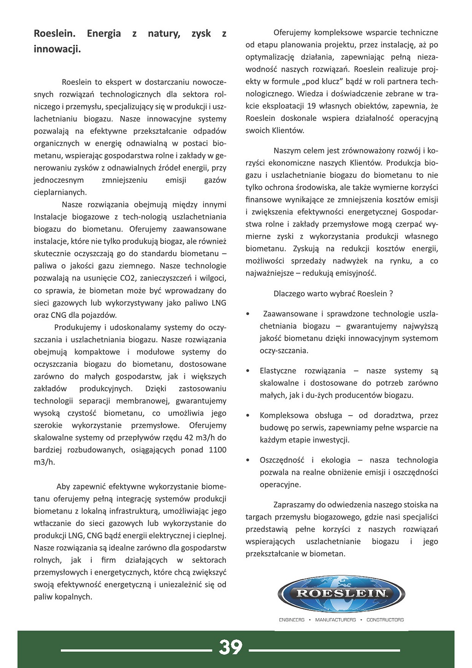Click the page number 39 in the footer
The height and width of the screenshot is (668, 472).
tap(230, 647)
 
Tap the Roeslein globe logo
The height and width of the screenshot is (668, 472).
tap(341, 593)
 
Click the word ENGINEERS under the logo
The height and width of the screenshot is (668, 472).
tap(291, 620)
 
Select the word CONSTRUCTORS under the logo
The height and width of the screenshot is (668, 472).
tap(385, 620)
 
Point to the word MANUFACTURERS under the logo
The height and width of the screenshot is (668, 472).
tap(335, 620)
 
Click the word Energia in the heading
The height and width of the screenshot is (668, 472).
tap(104, 34)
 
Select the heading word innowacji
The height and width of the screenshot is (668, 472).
tap(57, 49)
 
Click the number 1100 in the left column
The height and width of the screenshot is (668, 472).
tap(218, 450)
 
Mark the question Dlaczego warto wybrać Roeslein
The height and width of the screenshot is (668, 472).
tap(333, 293)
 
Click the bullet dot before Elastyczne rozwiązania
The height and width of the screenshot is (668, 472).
tap(248, 371)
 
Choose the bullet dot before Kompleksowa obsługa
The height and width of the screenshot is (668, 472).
tap(248, 416)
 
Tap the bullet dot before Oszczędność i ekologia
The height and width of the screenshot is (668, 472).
tap(248, 460)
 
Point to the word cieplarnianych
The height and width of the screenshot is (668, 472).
tap(60, 192)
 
